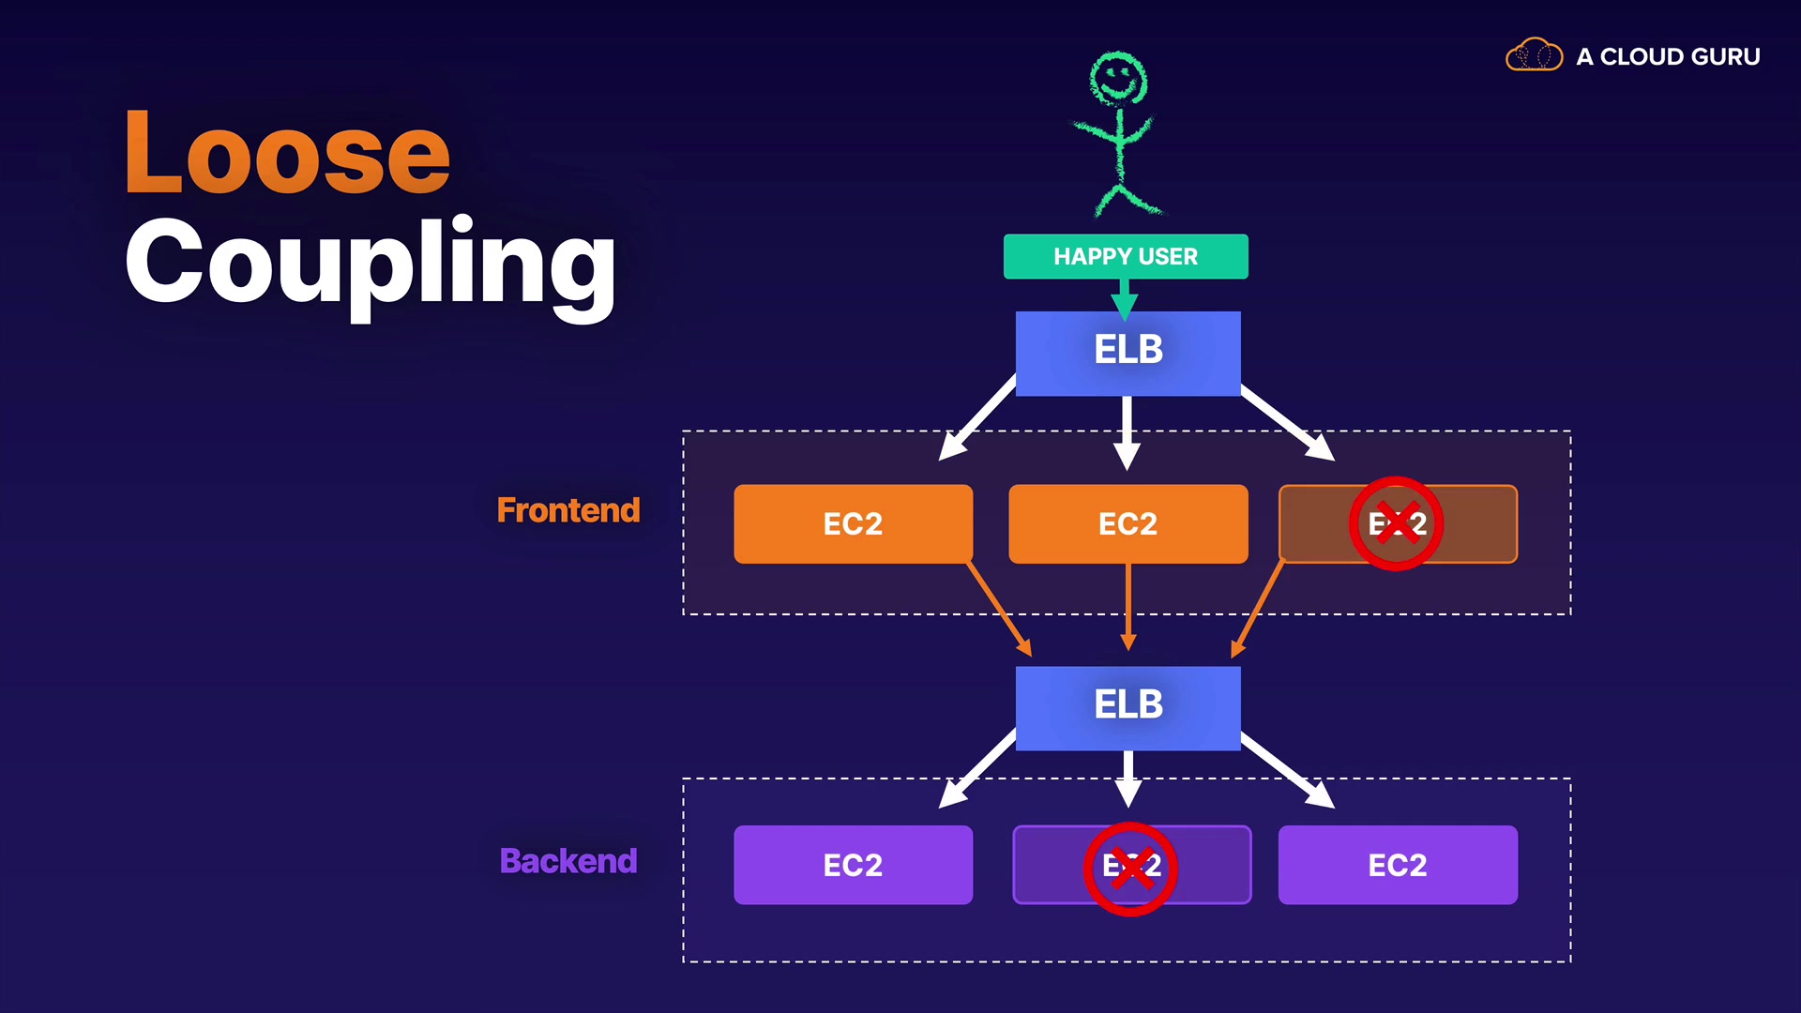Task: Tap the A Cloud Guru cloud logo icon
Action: (x=1534, y=55)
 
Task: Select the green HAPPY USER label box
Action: (x=1125, y=256)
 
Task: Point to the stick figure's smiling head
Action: (x=1117, y=77)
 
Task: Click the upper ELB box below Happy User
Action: (x=1128, y=353)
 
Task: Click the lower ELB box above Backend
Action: (x=1128, y=707)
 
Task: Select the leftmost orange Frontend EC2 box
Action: (x=852, y=523)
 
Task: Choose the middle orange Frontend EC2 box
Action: (x=1128, y=523)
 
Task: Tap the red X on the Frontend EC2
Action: (x=1396, y=523)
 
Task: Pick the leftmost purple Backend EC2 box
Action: (x=852, y=865)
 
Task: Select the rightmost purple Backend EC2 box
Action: (x=1397, y=865)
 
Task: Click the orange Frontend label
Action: (x=568, y=510)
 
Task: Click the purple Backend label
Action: (x=568, y=861)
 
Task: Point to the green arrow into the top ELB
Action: (x=1124, y=300)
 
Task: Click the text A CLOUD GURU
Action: (x=1668, y=57)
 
